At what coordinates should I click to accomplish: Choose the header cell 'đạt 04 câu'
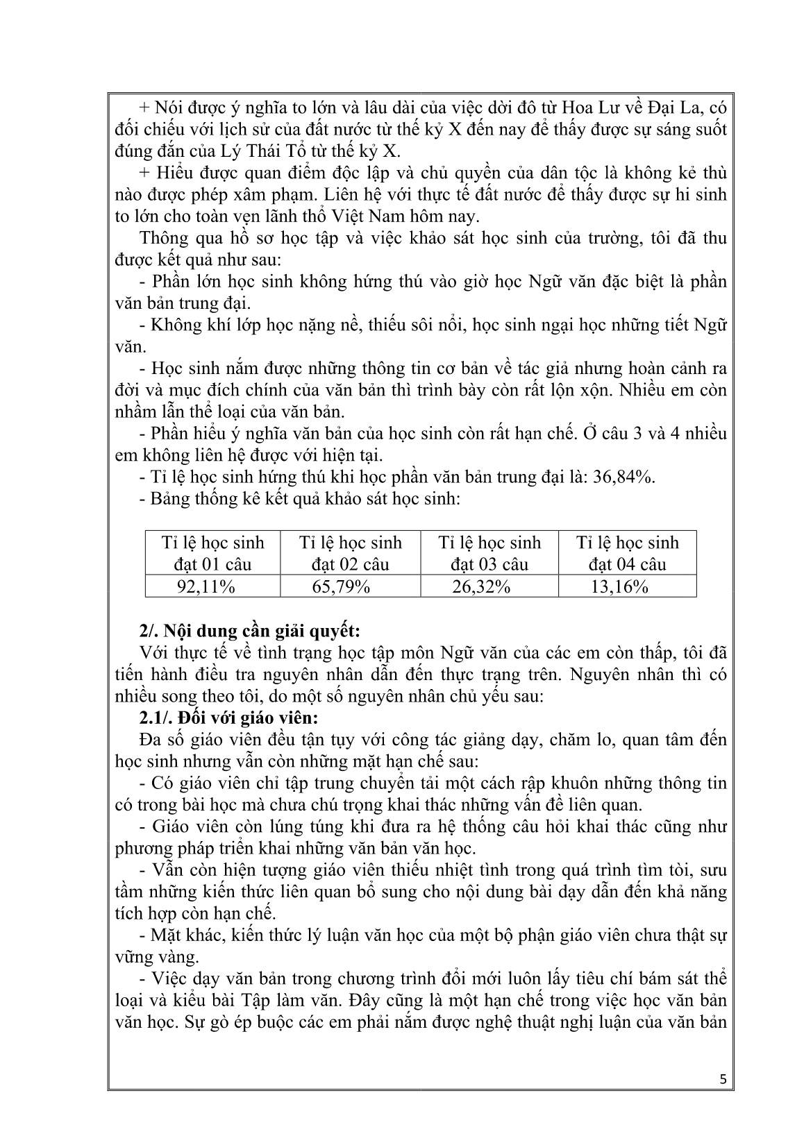[x=627, y=563]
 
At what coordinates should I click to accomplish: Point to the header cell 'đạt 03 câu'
[x=489, y=563]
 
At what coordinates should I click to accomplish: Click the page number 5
[x=723, y=1080]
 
